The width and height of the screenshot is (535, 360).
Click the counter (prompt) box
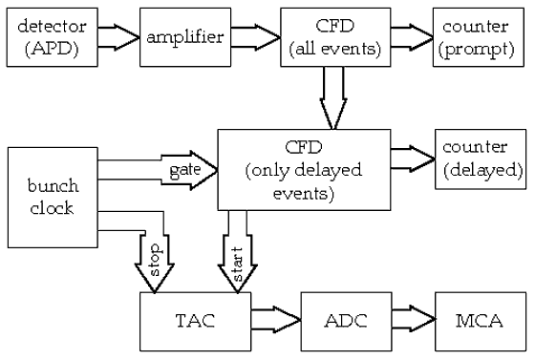477,35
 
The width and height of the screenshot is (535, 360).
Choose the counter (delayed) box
481,159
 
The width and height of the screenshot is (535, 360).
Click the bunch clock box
52,197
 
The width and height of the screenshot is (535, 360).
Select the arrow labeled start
237,253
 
